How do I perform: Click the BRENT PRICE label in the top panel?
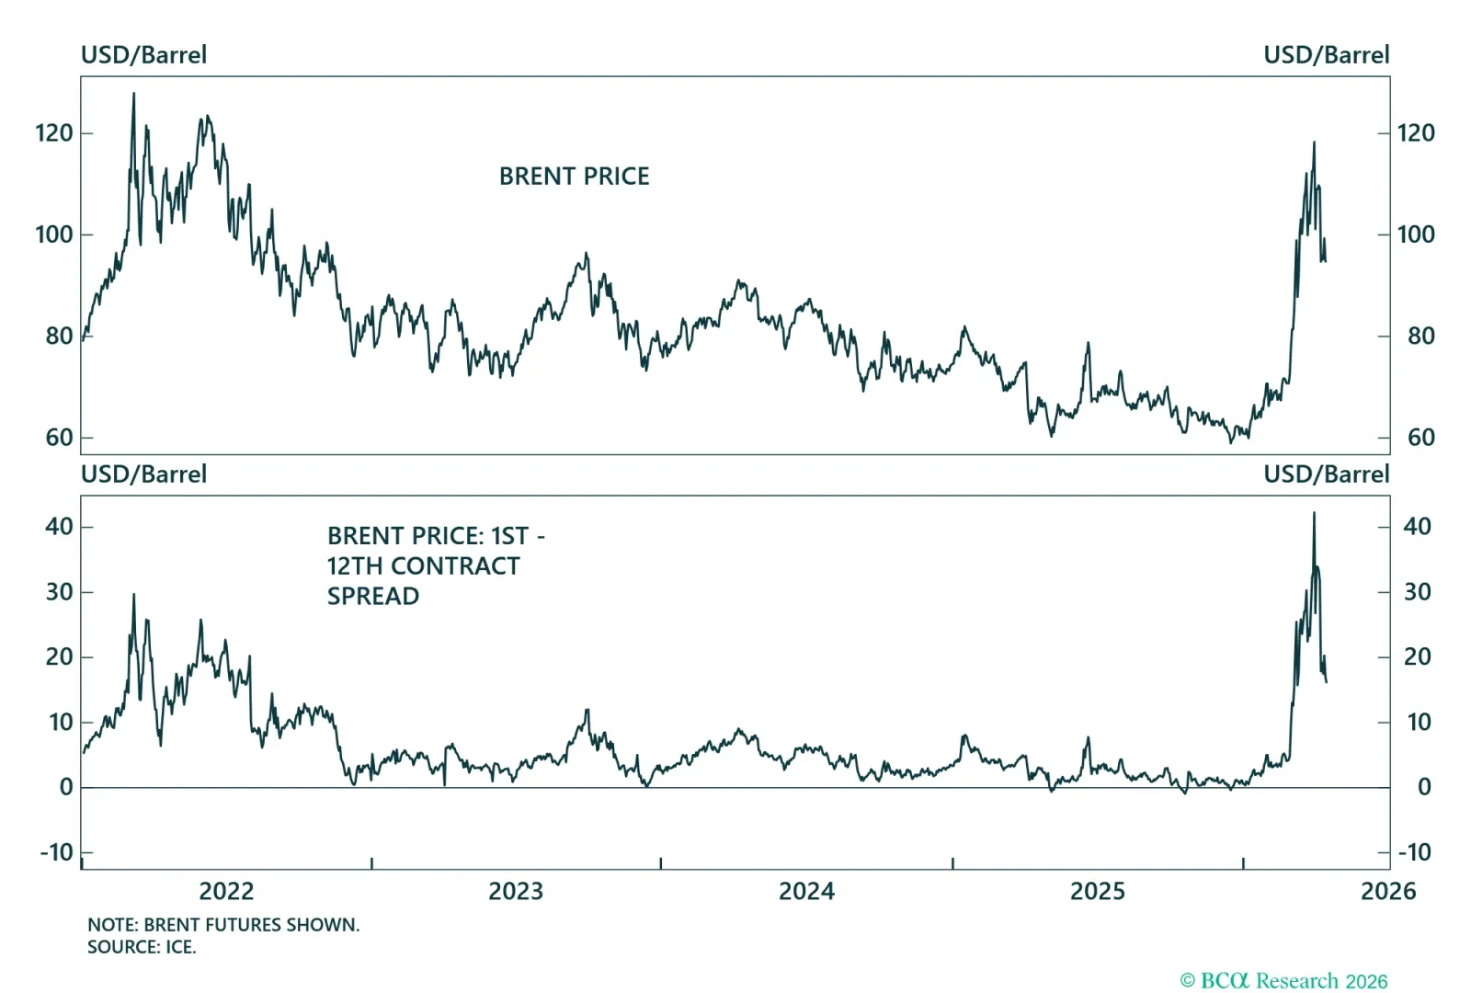[x=574, y=176]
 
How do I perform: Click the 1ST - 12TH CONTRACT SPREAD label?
[x=435, y=565]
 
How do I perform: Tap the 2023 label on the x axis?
[x=516, y=891]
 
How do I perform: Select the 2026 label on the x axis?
[x=1387, y=891]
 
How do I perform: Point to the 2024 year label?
[x=806, y=891]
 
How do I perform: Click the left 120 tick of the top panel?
[x=53, y=133]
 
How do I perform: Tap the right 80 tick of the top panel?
[x=1420, y=336]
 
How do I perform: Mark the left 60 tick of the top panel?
[x=59, y=438]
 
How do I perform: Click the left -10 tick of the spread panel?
[x=56, y=852]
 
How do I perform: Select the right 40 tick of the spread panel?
[x=1417, y=526]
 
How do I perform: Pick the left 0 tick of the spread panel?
[x=66, y=787]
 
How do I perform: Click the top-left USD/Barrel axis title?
[x=143, y=55]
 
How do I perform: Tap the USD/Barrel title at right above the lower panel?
[x=1326, y=474]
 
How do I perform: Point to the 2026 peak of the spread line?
[x=1314, y=513]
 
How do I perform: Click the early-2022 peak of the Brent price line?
[x=133, y=94]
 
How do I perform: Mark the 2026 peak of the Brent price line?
[x=1314, y=143]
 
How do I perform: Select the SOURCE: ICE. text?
[x=142, y=947]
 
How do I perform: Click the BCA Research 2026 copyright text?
[x=1283, y=981]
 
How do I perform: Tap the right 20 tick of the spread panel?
[x=1417, y=656]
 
